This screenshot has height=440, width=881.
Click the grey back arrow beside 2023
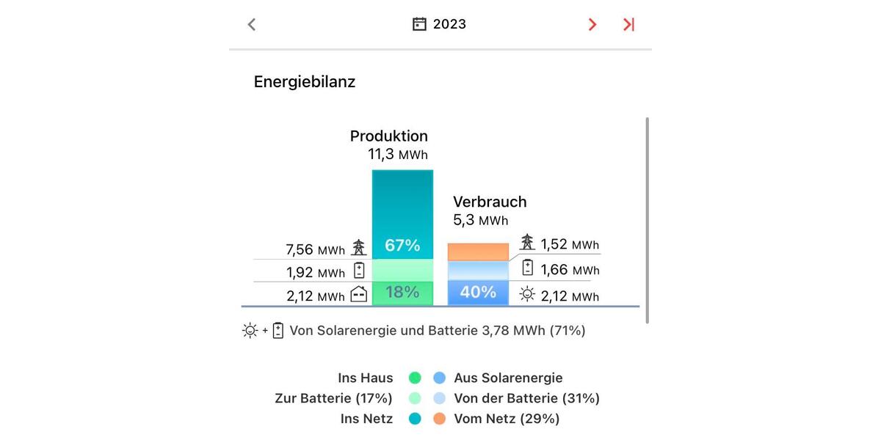pos(252,24)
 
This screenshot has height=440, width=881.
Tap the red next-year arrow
pos(592,24)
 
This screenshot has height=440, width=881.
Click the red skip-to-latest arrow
pos(628,24)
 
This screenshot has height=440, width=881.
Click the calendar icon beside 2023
pos(419,24)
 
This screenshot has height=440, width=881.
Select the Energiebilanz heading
pos(305,82)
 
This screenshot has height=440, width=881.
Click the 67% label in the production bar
pos(402,246)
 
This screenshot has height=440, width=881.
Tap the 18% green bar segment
pos(402,293)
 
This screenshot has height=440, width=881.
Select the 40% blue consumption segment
pos(478,293)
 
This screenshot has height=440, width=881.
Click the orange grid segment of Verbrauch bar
pos(478,252)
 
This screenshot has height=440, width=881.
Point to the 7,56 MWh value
pos(315,250)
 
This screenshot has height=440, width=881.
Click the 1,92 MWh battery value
pos(315,273)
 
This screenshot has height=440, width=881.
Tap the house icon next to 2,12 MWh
pos(359,295)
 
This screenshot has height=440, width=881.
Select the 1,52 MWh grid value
pos(570,244)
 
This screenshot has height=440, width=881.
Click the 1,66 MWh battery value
pos(570,270)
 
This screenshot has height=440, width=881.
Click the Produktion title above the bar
pos(388,136)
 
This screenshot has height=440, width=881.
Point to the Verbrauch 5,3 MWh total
pos(480,220)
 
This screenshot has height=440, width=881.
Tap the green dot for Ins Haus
pos(415,378)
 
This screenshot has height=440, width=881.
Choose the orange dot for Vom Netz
pos(439,419)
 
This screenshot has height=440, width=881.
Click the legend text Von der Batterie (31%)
pos(526,399)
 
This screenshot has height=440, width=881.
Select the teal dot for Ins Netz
pos(415,419)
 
